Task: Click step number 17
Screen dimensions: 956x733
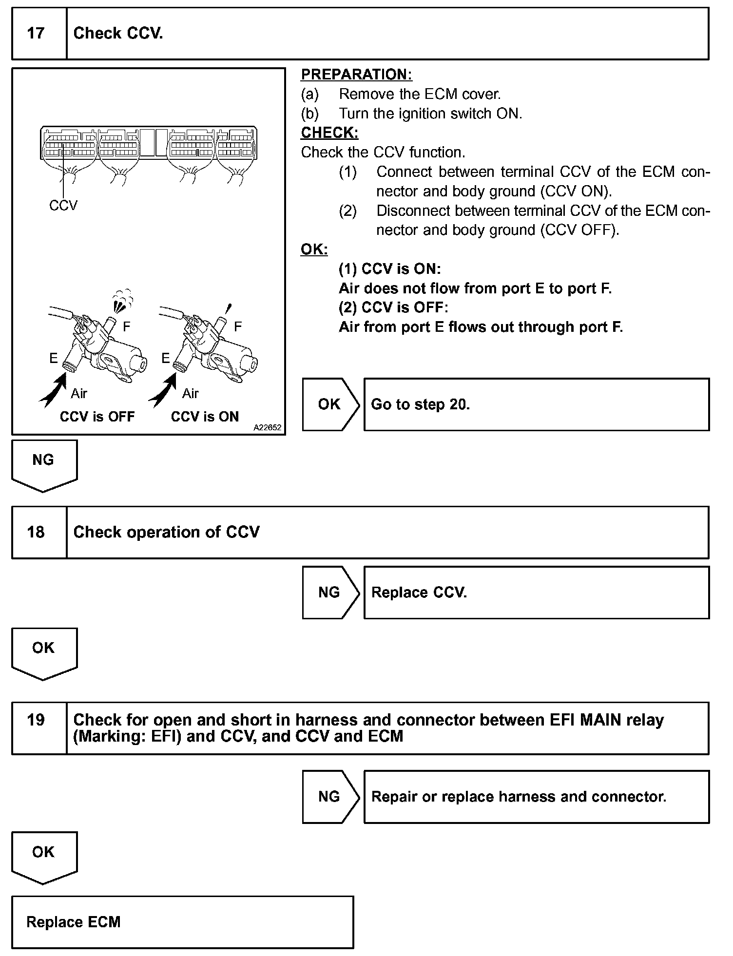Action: (36, 33)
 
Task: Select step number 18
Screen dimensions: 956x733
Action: (36, 532)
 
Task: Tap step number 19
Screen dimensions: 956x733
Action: (36, 720)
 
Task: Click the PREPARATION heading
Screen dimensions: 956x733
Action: (356, 75)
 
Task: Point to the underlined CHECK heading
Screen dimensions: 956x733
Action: (329, 133)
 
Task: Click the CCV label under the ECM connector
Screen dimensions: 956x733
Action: (63, 206)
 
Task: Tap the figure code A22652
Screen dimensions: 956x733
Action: (267, 427)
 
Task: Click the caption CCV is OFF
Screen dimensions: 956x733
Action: (97, 417)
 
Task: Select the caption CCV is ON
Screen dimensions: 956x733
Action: (205, 417)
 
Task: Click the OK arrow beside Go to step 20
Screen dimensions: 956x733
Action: (329, 404)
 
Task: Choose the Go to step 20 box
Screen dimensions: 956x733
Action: (536, 404)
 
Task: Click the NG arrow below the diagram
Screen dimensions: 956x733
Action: (43, 463)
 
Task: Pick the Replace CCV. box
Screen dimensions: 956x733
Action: (536, 593)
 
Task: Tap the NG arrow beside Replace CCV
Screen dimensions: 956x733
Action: (329, 593)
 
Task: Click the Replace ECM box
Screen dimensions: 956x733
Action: (182, 922)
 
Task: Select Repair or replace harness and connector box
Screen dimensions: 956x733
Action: (536, 797)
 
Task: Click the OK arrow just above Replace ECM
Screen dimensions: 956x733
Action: (43, 855)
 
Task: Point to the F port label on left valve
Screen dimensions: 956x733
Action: (127, 326)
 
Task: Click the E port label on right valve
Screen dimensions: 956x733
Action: (166, 358)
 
